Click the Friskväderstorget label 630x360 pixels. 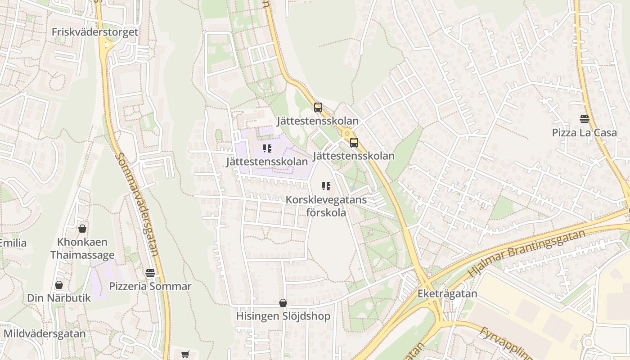click(95, 32)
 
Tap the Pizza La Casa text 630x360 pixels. click(584, 133)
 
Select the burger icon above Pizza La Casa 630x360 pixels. click(584, 119)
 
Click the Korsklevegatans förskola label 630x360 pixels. click(326, 206)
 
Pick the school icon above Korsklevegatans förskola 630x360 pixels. click(326, 186)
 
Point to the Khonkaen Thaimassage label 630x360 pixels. click(82, 248)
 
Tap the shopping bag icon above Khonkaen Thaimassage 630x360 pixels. click(82, 229)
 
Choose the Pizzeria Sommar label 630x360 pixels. click(150, 286)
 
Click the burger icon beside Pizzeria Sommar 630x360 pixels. click(150, 273)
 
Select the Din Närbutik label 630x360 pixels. click(59, 298)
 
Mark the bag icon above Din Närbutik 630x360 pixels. click(59, 285)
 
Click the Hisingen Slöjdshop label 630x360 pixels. click(283, 316)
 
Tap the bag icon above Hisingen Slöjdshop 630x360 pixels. click(283, 303)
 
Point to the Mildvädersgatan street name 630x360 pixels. click(45, 334)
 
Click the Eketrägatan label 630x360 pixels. click(447, 294)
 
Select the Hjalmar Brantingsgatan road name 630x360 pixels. click(526, 253)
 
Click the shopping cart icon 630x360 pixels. click(185, 355)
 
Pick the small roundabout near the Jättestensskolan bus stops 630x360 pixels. click(346, 133)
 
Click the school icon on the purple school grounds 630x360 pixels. click(267, 148)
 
